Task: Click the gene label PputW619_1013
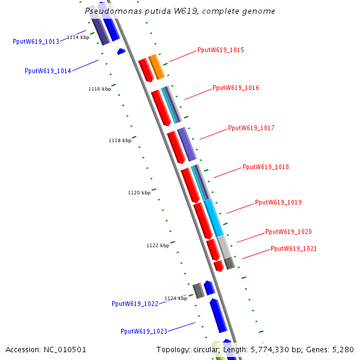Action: pos(36,41)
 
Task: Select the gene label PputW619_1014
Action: pos(48,71)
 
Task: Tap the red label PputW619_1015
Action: pos(221,50)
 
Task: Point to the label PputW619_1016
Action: pos(236,88)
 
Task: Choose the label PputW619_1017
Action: pos(251,128)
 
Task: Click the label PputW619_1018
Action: pos(266,167)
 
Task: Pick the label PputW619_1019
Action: pos(278,203)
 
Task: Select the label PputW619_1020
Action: pos(289,232)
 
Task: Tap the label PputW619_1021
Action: pos(293,248)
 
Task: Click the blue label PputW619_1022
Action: pos(135,304)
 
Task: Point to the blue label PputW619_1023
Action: pos(144,331)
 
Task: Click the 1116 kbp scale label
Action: pos(100,89)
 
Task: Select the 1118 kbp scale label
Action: pos(120,140)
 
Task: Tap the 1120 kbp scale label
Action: pos(139,193)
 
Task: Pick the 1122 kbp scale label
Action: pos(158,245)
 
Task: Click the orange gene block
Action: pos(157,67)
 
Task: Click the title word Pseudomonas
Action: pos(111,11)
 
